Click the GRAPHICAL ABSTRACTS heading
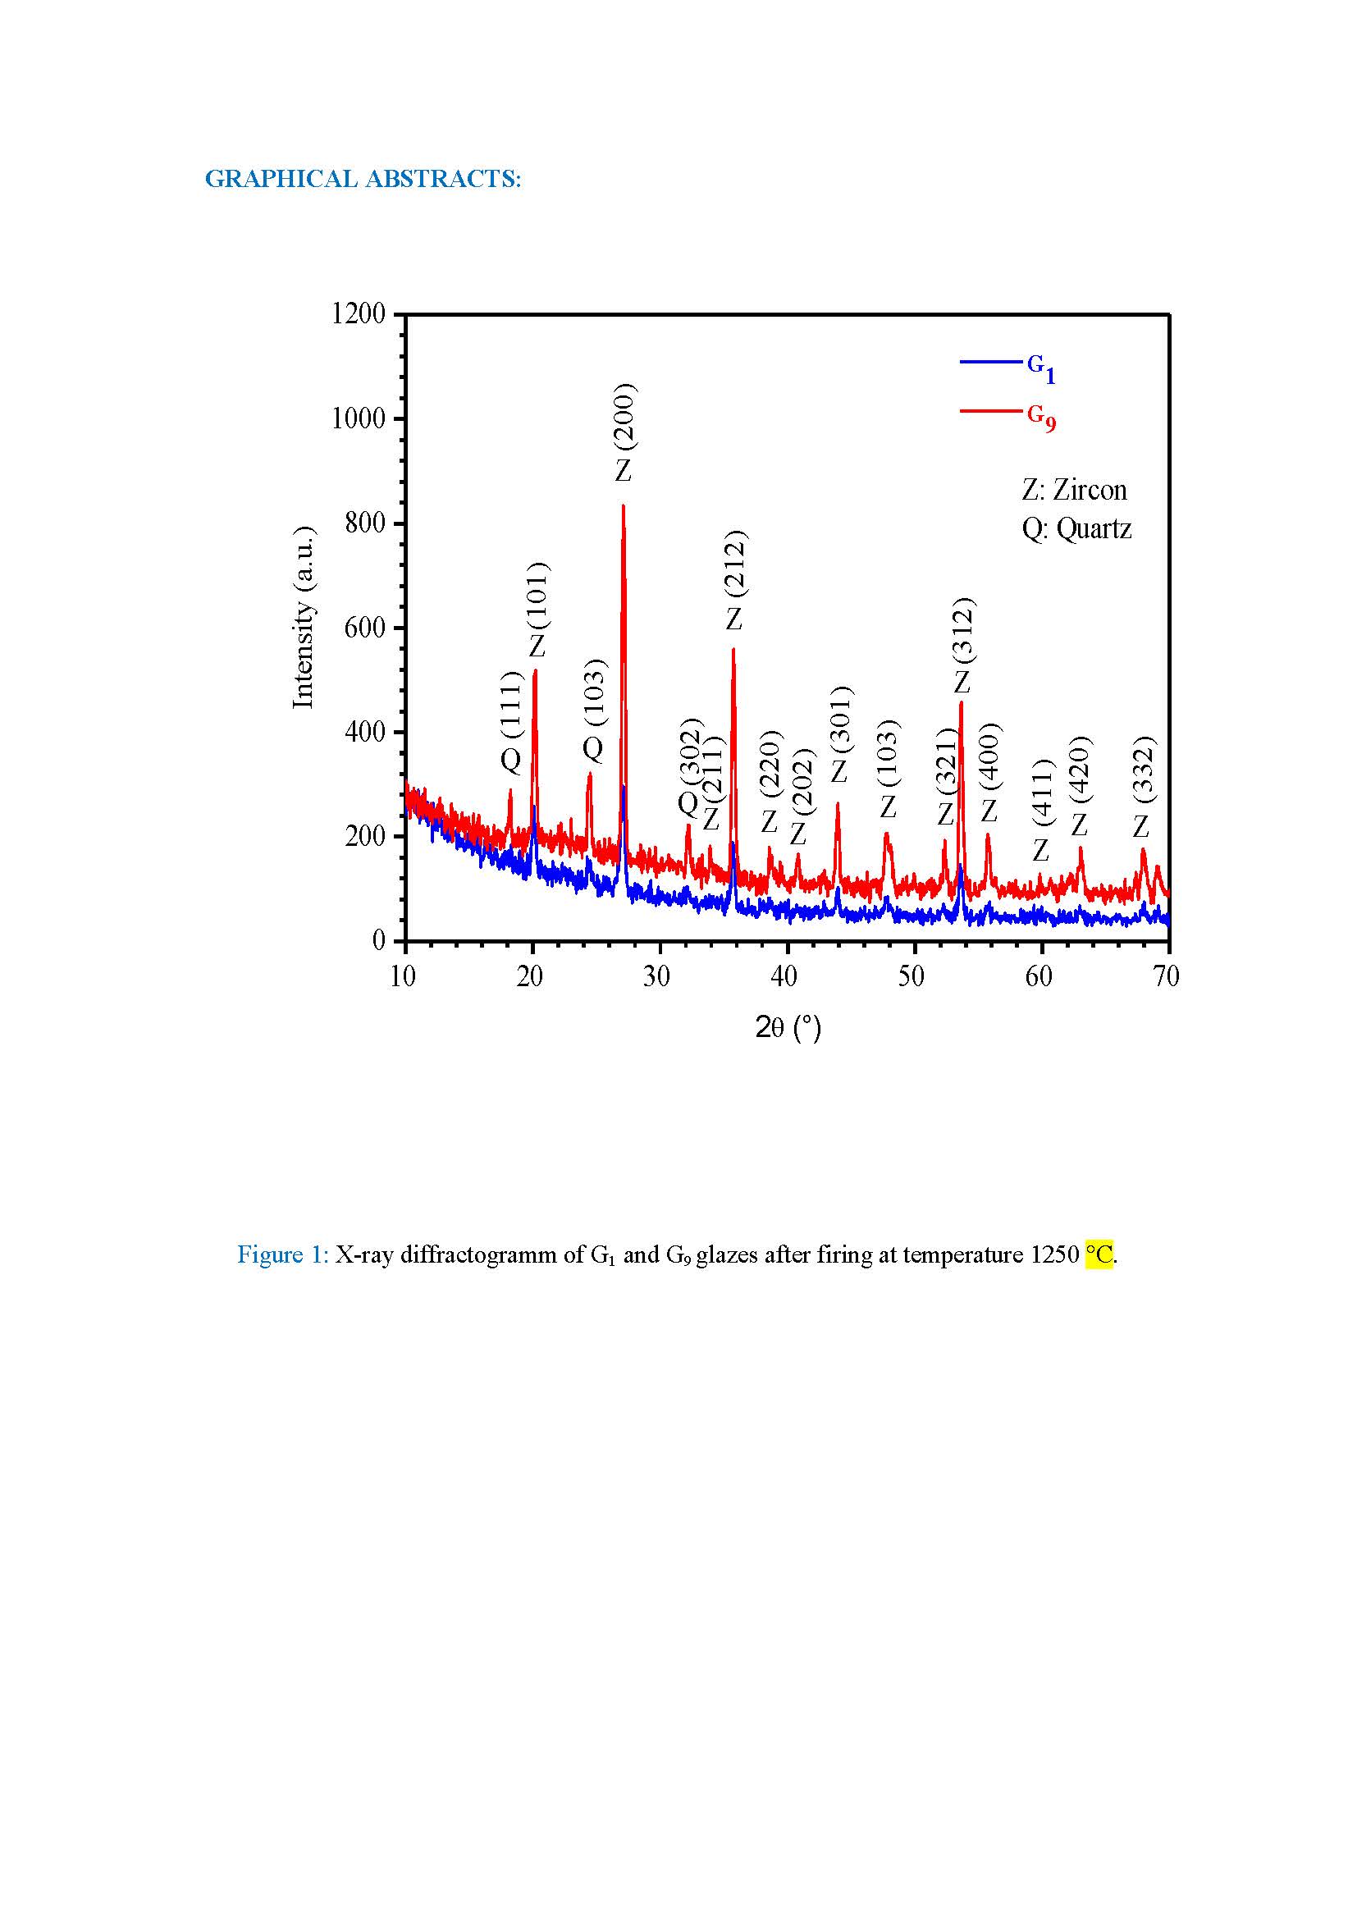[363, 179]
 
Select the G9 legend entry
[1040, 415]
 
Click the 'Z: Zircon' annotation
[1074, 490]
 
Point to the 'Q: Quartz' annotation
[1076, 529]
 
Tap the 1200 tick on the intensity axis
[359, 314]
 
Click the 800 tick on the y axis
[365, 523]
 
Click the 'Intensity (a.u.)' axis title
[303, 618]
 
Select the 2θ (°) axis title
[788, 1027]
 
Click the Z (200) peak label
[624, 432]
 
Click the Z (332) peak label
[1142, 787]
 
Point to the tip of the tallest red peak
[624, 505]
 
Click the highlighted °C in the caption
[1099, 1254]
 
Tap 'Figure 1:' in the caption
[283, 1254]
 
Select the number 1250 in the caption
[1054, 1254]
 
